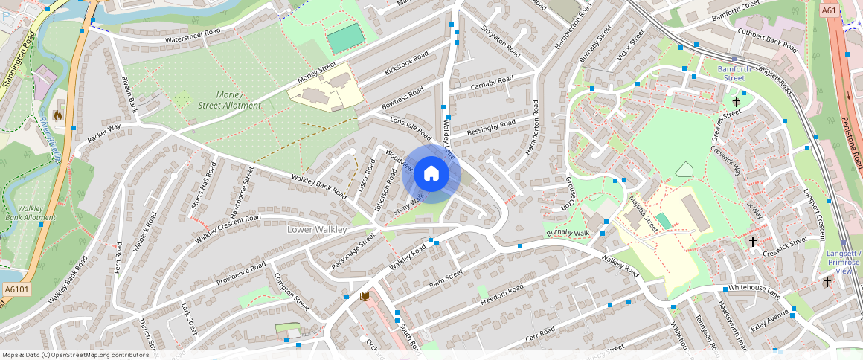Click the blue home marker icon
click(431, 174)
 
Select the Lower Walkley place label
click(317, 230)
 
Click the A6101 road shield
click(16, 289)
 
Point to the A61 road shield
click(830, 11)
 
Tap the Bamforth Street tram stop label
click(731, 73)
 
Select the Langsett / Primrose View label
click(844, 262)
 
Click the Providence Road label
click(240, 274)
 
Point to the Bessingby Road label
click(491, 127)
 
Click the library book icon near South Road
click(365, 297)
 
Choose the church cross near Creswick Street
click(752, 242)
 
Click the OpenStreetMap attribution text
click(76, 355)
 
